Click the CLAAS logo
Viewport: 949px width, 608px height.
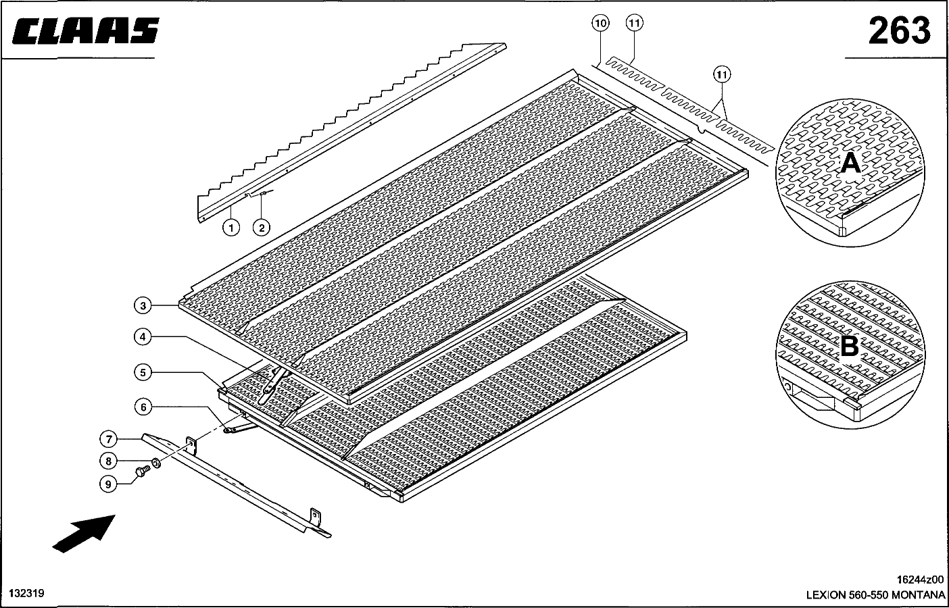[86, 31]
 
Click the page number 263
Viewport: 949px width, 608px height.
[900, 31]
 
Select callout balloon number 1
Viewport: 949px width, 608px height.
[231, 228]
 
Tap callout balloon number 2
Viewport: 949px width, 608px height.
[262, 228]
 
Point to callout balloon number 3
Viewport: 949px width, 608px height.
[143, 306]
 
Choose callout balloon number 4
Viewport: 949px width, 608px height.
[143, 337]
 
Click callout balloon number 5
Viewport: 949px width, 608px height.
[143, 373]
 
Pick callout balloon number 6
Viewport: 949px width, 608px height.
[143, 407]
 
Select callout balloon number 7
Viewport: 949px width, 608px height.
[109, 439]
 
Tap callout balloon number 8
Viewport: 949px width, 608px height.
[108, 461]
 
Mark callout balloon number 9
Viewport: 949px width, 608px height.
[108, 484]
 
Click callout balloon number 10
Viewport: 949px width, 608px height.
[601, 23]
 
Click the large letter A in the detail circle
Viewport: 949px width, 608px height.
[850, 163]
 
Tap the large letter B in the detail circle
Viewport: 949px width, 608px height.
[849, 347]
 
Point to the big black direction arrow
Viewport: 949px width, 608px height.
[84, 534]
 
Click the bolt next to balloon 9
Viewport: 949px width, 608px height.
[143, 471]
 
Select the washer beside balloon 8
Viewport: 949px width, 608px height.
[155, 463]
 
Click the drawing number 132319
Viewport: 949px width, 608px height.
[26, 593]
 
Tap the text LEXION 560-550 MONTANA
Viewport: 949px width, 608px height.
[875, 595]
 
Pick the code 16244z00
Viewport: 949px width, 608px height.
[920, 579]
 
